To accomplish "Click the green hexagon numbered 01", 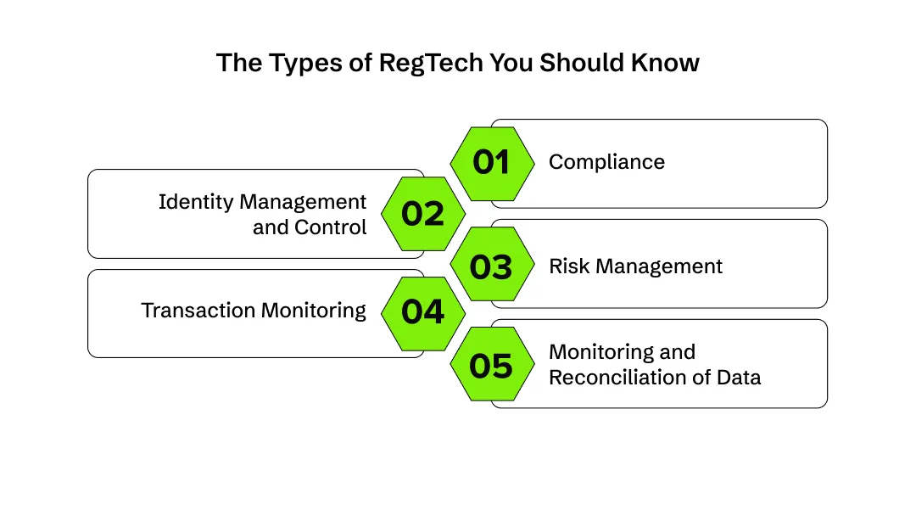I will point(492,163).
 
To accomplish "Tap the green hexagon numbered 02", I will point(423,214).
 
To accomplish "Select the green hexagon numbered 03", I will point(492,266).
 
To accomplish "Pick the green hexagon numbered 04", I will point(423,312).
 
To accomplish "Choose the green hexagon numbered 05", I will point(492,366).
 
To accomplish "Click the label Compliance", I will point(606,162).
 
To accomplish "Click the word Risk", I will point(567,266).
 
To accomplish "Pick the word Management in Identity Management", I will point(304,202).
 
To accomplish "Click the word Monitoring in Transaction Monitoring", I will point(313,310).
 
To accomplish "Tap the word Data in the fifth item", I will point(740,377).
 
